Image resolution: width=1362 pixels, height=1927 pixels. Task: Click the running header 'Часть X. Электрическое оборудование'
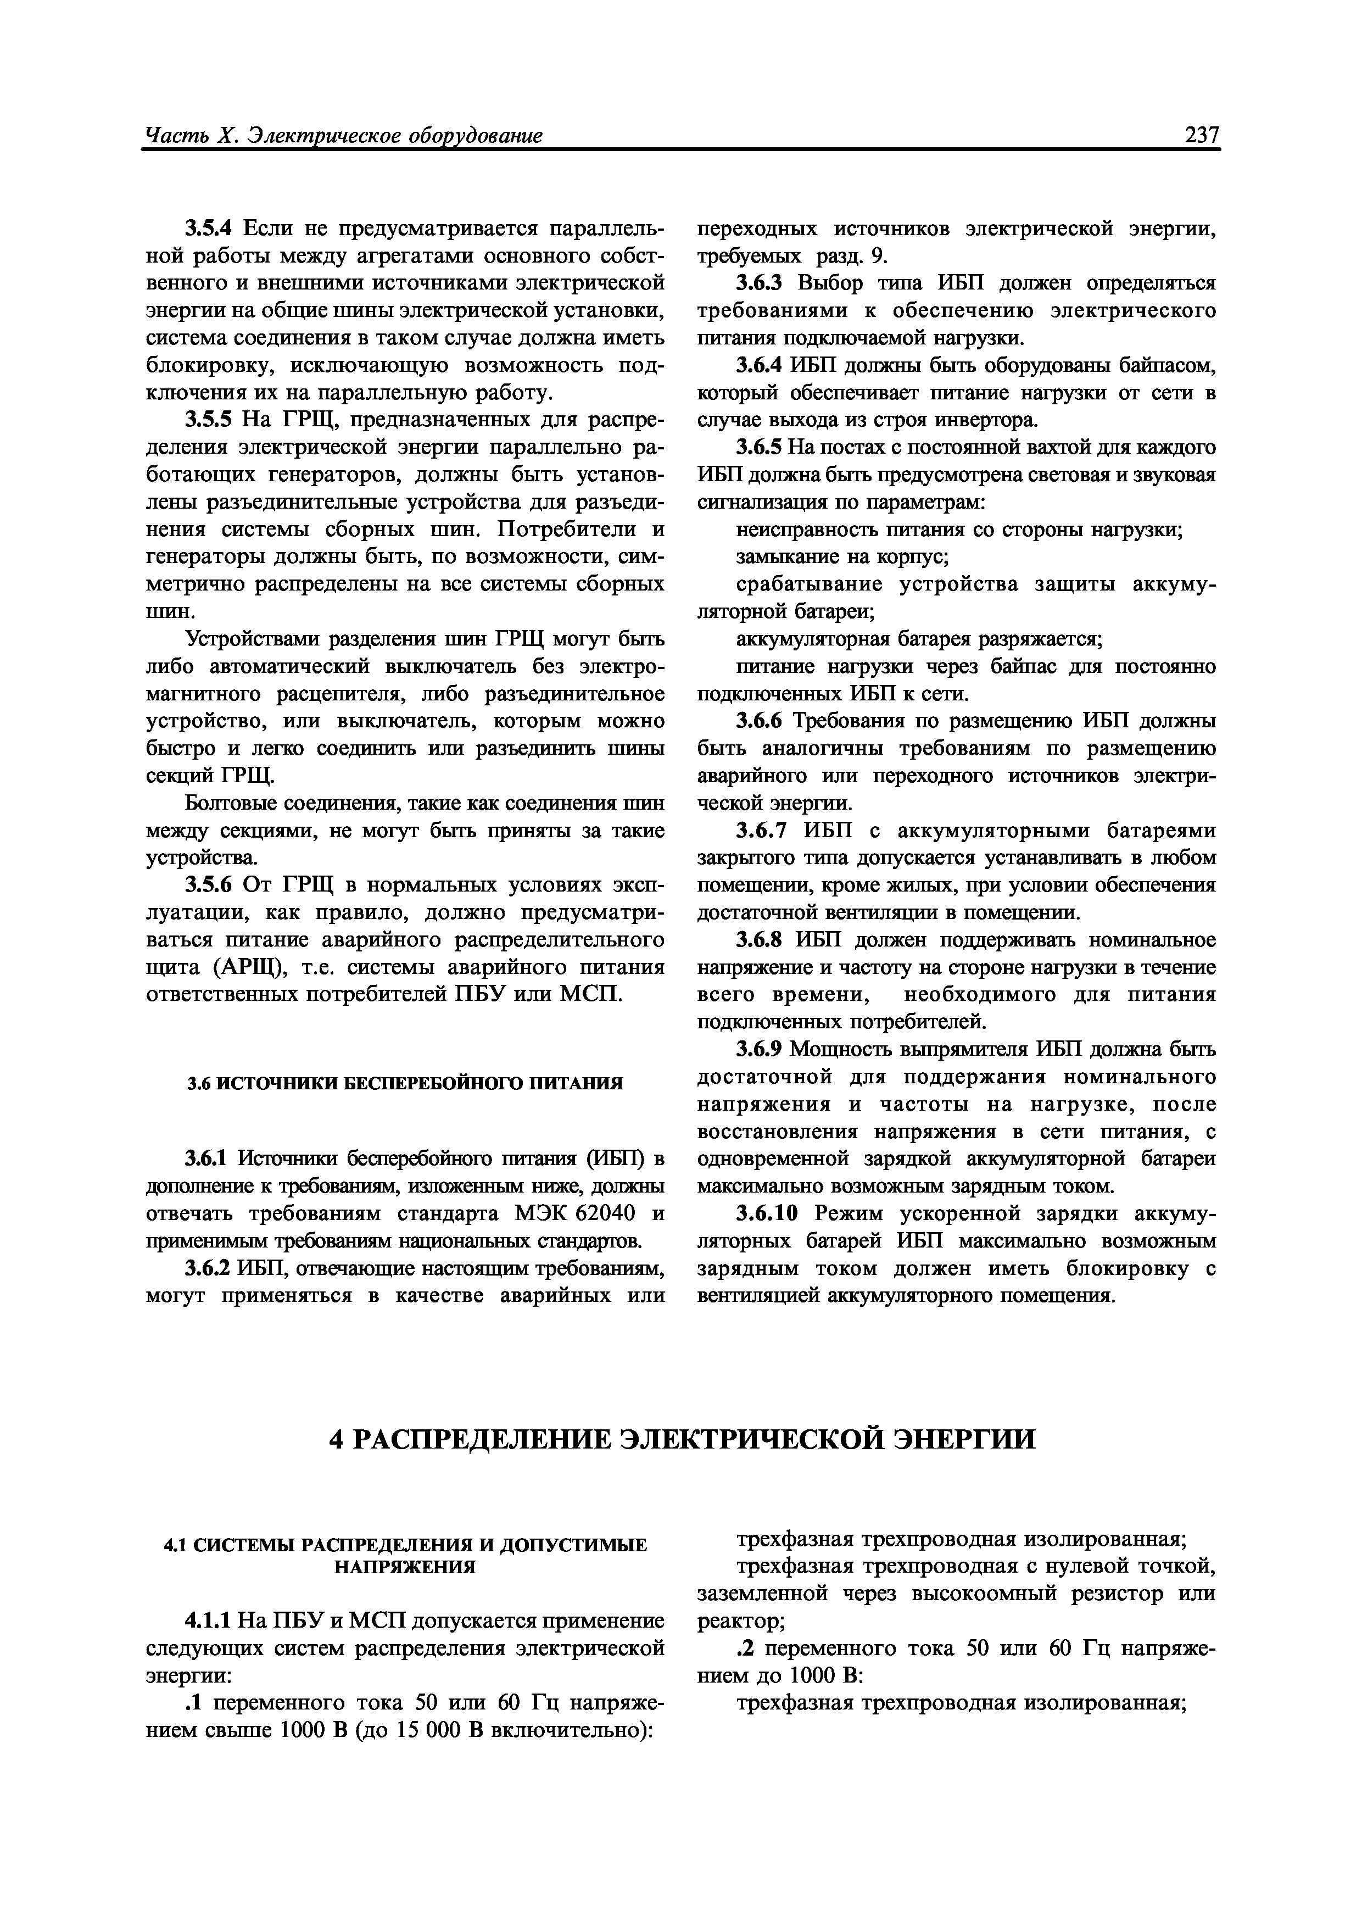point(344,135)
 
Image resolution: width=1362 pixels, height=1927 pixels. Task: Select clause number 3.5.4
point(213,229)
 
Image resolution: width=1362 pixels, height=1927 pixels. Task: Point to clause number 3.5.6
point(213,885)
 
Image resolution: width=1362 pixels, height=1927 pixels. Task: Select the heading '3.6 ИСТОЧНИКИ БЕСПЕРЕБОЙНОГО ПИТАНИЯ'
point(405,1083)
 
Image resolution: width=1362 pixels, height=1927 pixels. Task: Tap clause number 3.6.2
point(210,1268)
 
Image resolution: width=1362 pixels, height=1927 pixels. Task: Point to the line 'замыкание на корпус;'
point(842,556)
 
